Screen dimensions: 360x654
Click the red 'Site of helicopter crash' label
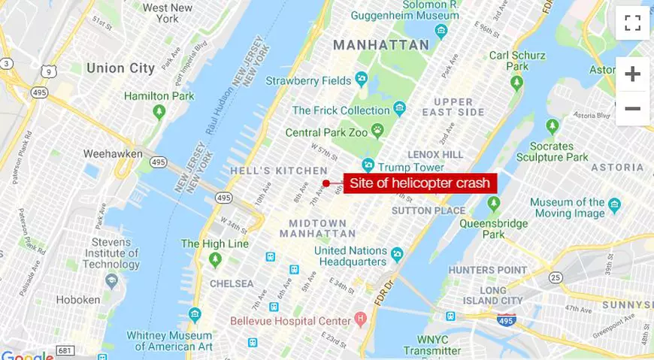[x=419, y=183]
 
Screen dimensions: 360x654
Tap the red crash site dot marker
[x=326, y=183]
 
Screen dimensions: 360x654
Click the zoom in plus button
[x=632, y=74]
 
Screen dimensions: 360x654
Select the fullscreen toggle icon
[x=632, y=23]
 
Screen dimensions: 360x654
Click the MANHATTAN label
[x=381, y=44]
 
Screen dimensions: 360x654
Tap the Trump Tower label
[x=411, y=167]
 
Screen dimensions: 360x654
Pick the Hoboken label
[x=77, y=299]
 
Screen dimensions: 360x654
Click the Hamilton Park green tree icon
[x=159, y=112]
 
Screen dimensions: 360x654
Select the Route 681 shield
[x=65, y=351]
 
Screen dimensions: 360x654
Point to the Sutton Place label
[x=428, y=211]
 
